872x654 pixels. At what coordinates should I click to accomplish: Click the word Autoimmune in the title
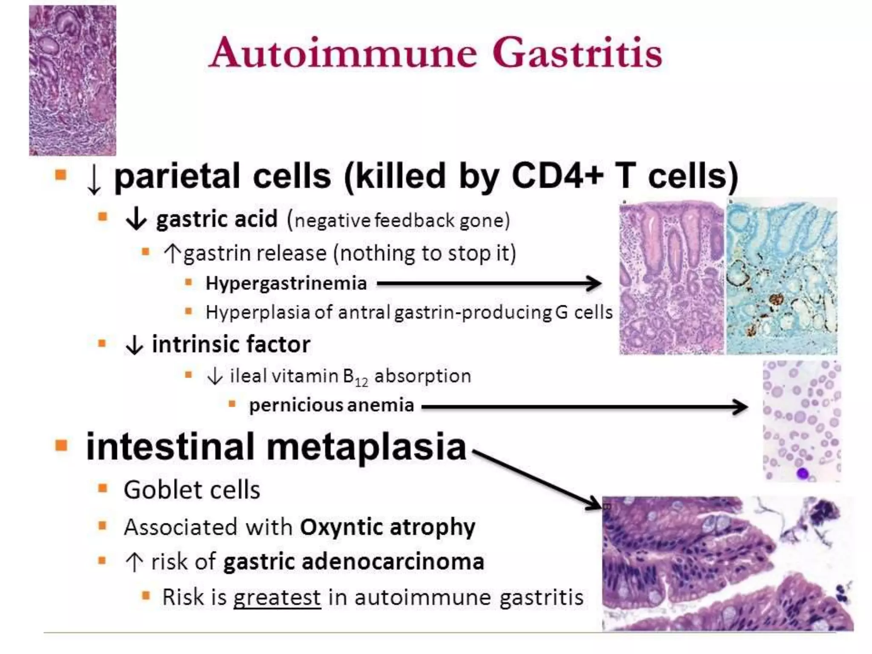[x=343, y=53]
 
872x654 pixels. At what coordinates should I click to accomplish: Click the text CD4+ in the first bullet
[x=557, y=176]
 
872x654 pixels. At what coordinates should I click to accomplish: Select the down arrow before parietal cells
[x=94, y=179]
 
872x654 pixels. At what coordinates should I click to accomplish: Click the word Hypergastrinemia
[x=286, y=283]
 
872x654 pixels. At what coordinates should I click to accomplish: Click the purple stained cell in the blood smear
[x=803, y=473]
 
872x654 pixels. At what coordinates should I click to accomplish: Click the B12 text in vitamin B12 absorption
[x=356, y=377]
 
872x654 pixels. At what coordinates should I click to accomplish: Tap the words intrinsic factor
[x=231, y=344]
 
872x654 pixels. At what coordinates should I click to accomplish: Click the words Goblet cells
[x=192, y=490]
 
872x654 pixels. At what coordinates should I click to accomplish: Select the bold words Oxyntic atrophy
[x=387, y=527]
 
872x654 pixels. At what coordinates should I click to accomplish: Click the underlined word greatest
[x=277, y=597]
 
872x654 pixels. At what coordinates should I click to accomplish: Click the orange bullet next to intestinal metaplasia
[x=61, y=445]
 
